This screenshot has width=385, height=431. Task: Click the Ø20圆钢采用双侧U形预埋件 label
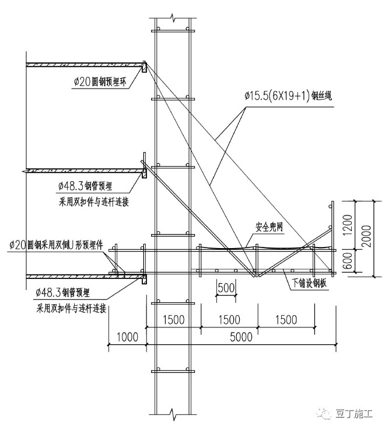click(56, 246)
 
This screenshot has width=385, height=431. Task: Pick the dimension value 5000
click(240, 337)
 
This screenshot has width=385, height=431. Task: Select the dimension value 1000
click(128, 337)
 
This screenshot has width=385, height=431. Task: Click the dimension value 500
click(226, 288)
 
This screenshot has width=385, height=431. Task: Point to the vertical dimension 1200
click(348, 223)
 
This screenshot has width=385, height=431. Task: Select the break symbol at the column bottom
click(172, 415)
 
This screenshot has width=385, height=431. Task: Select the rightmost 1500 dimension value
click(285, 320)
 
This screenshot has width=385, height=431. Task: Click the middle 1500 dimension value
click(229, 320)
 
